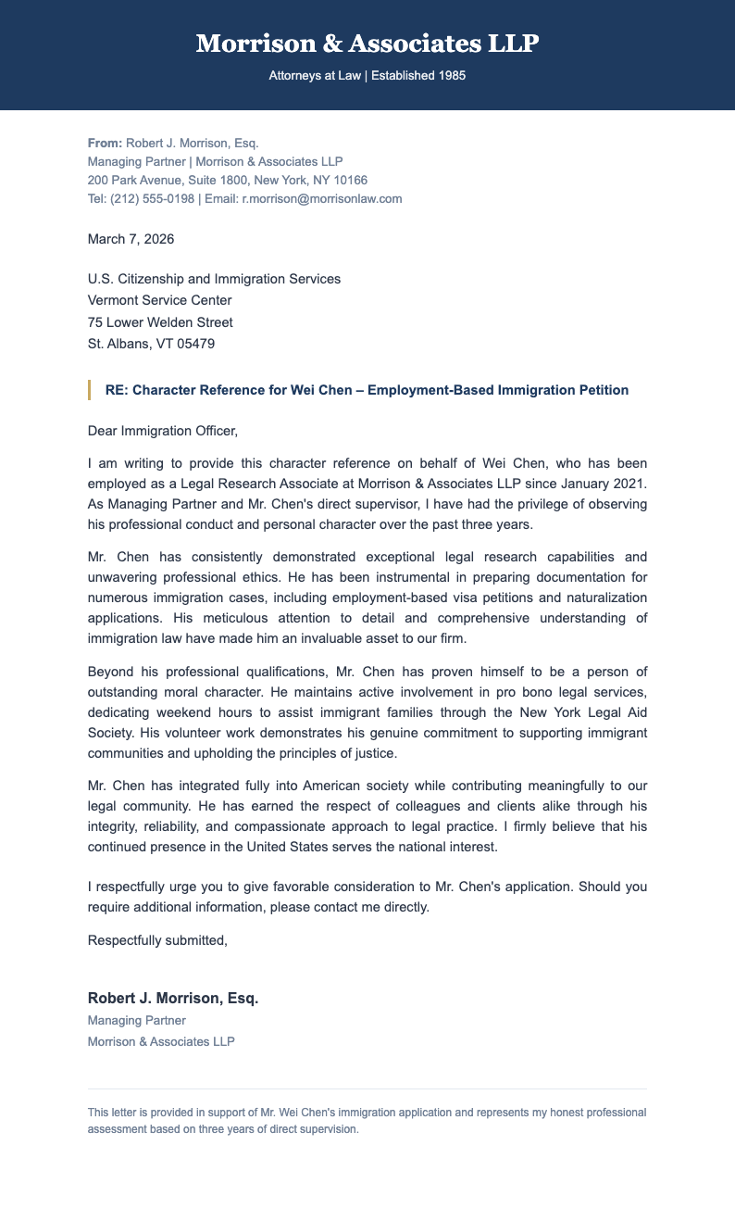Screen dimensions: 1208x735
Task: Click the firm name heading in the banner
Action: [x=367, y=44]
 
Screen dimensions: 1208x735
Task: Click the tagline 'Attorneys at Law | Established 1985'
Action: [x=367, y=75]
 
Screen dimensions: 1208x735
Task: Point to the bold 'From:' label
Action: [x=105, y=143]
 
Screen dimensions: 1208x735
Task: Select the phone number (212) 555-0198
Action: [x=153, y=198]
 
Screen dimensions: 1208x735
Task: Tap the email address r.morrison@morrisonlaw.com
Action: [x=322, y=198]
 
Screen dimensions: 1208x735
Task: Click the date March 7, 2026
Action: [x=131, y=239]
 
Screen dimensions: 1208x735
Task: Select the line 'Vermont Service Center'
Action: [x=159, y=300]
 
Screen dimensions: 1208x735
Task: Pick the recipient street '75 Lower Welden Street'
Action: [x=160, y=322]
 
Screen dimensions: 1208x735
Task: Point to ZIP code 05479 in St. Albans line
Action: [x=195, y=345]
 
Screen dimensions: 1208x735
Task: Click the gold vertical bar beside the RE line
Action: [x=89, y=390]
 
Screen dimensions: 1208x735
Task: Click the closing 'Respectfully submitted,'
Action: [x=157, y=940]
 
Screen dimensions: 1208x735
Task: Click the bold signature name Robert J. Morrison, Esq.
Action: [x=173, y=998]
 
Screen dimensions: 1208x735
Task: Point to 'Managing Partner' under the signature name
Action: [x=136, y=1020]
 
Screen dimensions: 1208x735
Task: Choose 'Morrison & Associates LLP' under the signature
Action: [x=161, y=1041]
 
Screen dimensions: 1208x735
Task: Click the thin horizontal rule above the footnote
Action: [x=367, y=1088]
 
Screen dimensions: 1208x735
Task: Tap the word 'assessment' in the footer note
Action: [x=116, y=1130]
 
